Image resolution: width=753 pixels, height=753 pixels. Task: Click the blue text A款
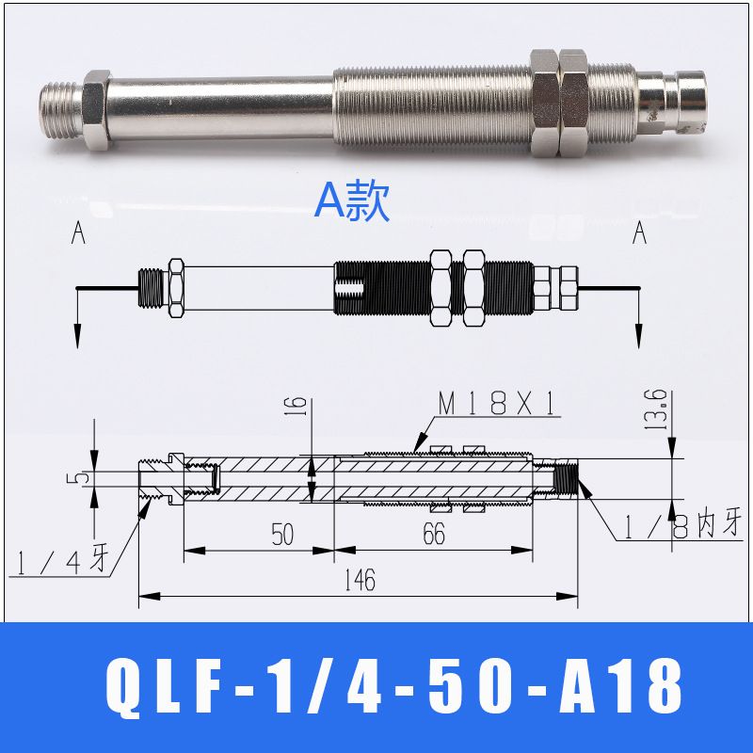point(351,201)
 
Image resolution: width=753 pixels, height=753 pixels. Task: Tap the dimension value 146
point(360,580)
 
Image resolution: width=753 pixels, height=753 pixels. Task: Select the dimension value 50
point(282,534)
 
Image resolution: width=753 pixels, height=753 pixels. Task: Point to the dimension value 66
point(434,533)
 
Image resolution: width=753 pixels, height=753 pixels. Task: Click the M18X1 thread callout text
point(497,403)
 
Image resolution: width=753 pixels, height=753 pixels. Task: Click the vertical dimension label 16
point(297,408)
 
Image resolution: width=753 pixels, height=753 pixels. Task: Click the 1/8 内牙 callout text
point(682,525)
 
